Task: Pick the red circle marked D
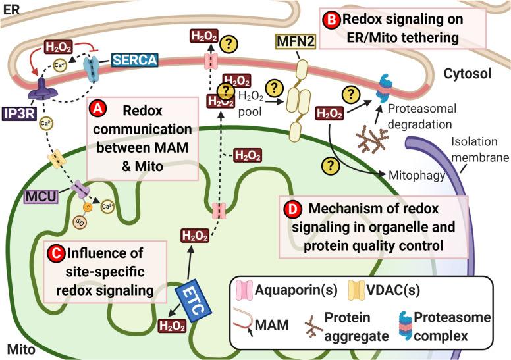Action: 292,209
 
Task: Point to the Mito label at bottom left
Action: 18,346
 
